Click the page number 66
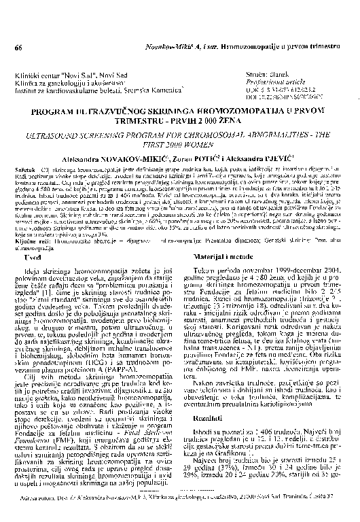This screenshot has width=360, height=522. (18, 48)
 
